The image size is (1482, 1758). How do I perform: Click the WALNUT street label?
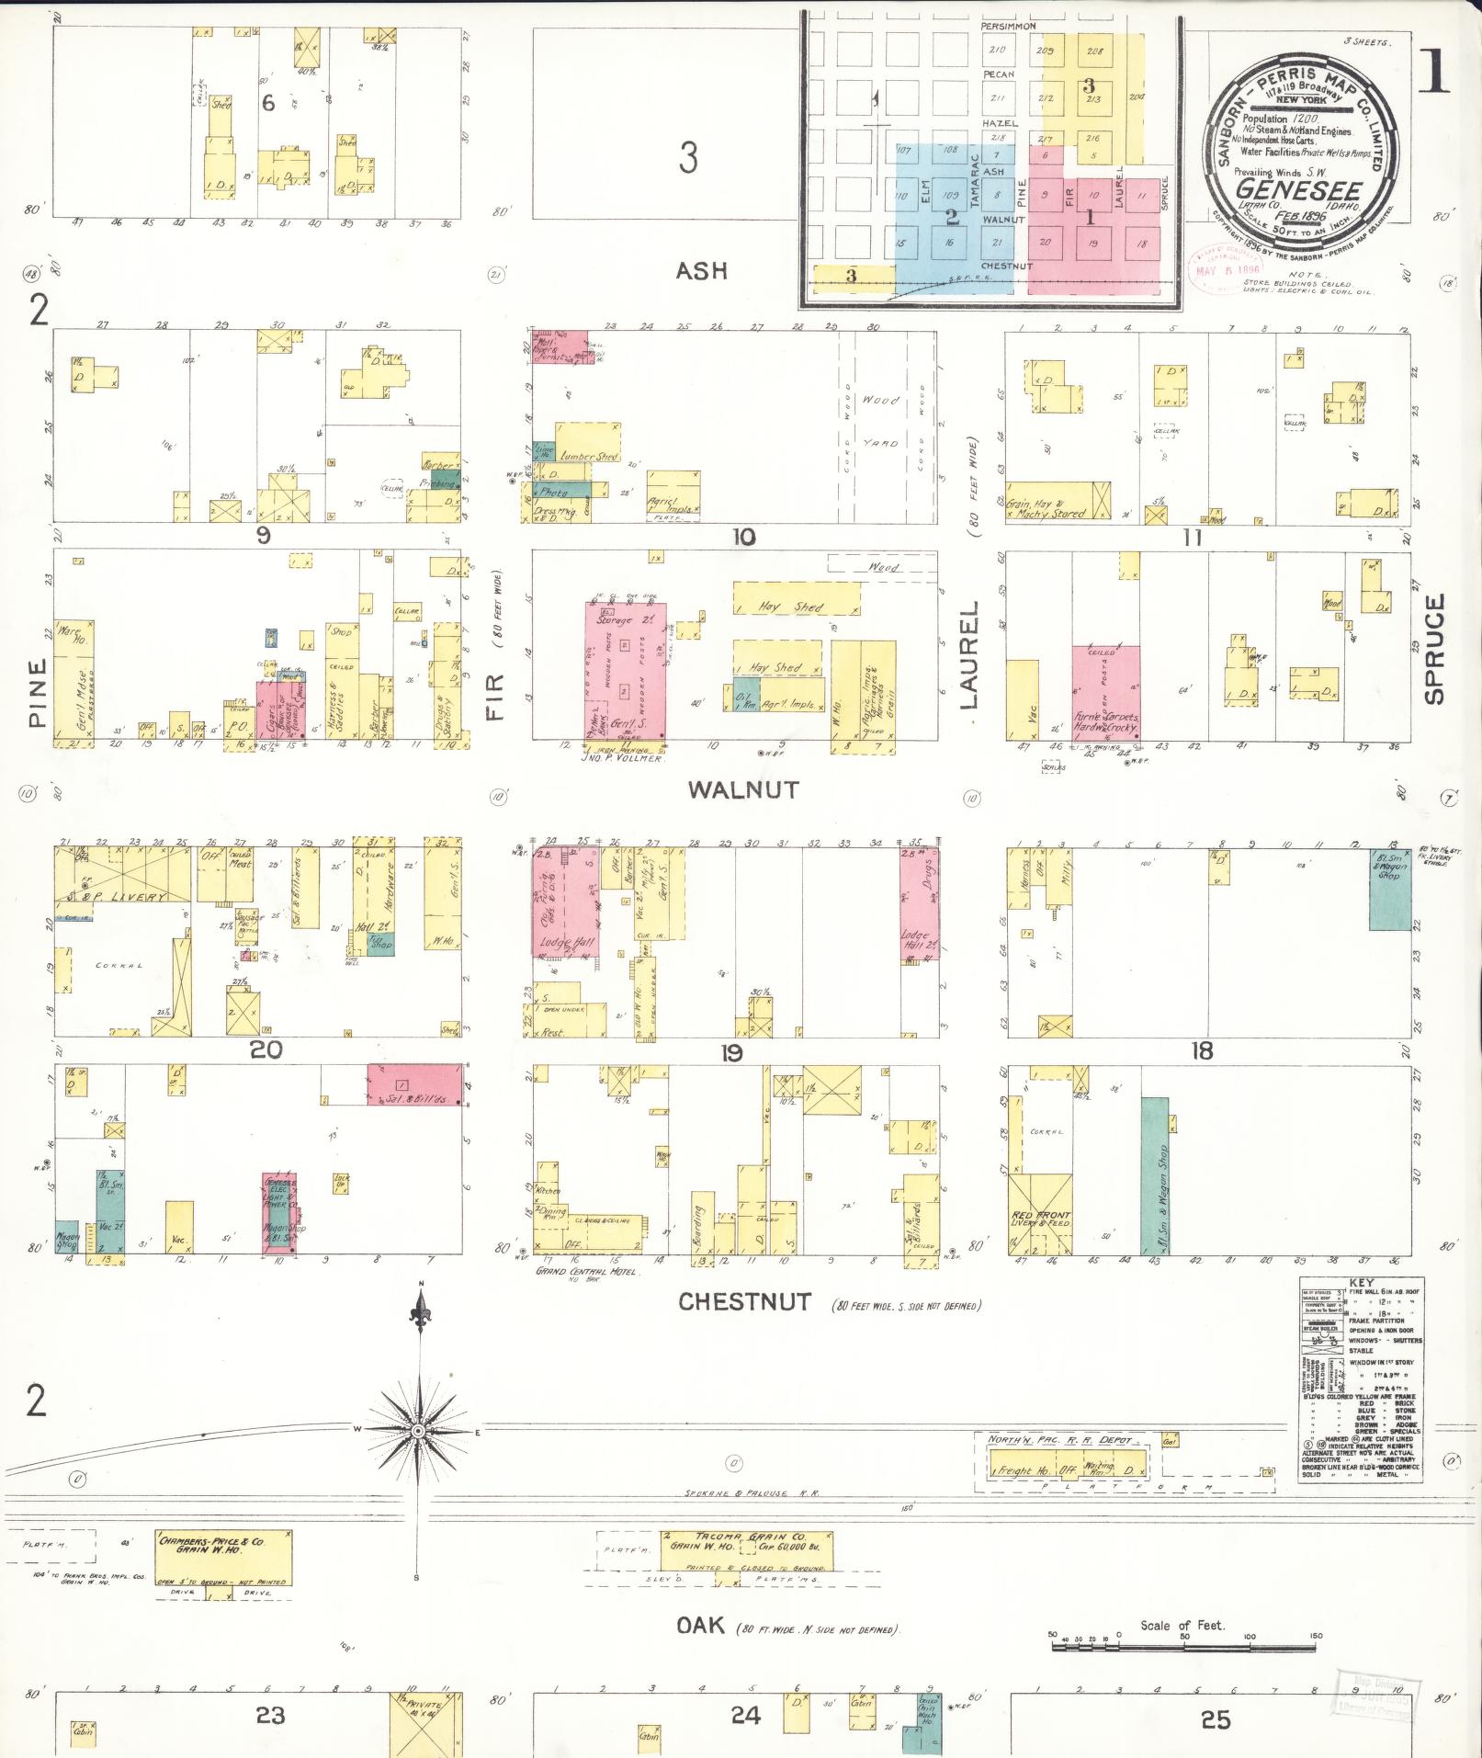744,788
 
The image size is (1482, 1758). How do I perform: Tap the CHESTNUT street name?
745,1301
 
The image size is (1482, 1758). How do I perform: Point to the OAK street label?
701,1625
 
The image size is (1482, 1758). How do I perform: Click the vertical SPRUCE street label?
1434,649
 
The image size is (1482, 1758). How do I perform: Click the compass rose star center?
418,1432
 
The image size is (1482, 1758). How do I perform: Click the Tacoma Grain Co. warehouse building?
746,1551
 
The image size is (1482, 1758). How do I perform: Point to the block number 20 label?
266,1049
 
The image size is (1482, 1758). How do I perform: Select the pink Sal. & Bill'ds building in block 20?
414,1084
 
